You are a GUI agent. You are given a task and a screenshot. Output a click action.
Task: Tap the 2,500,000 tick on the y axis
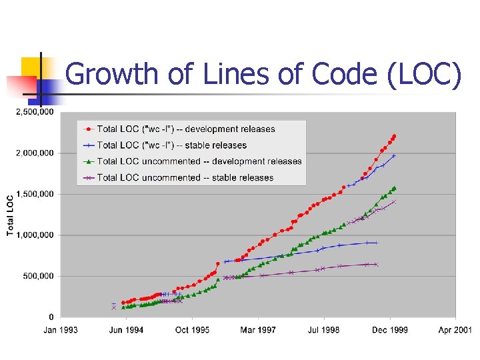click(34, 112)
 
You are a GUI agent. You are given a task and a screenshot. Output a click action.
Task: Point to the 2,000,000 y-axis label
click(34, 153)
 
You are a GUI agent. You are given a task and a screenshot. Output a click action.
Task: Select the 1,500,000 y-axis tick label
click(34, 194)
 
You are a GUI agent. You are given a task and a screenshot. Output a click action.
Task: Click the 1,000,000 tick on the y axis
click(34, 235)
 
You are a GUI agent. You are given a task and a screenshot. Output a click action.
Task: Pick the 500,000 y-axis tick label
click(37, 276)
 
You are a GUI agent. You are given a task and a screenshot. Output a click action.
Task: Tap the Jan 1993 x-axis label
click(61, 330)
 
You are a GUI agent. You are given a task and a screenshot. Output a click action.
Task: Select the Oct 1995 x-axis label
click(192, 330)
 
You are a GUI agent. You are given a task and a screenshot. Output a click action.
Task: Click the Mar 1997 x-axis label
click(258, 330)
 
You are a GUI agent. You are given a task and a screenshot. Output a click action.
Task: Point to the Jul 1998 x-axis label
click(324, 330)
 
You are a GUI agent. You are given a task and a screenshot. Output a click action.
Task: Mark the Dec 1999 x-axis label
click(390, 330)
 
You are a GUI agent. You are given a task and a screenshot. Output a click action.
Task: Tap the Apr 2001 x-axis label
click(455, 330)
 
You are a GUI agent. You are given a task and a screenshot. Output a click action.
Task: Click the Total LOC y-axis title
click(11, 215)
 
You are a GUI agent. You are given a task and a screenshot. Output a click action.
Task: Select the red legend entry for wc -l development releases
click(185, 129)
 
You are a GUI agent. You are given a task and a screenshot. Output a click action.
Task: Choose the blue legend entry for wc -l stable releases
click(171, 145)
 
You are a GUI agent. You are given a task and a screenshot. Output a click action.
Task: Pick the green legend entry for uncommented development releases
click(199, 161)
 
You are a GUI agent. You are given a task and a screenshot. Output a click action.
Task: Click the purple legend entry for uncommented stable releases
click(185, 177)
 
